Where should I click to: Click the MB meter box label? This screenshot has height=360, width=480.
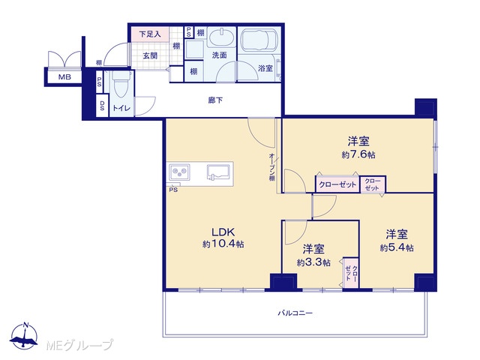click(64, 76)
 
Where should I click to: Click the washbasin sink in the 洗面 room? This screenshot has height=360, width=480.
click(222, 37)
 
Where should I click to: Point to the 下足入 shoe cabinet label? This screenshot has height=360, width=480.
click(150, 34)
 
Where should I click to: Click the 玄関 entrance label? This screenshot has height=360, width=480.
click(150, 56)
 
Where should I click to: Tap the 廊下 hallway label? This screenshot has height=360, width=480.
click(215, 100)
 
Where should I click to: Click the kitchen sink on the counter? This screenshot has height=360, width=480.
click(218, 172)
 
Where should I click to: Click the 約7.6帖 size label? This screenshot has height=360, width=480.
click(358, 154)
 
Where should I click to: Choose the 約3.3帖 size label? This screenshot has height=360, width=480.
click(313, 262)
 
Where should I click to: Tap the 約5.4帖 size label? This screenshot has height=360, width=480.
click(397, 247)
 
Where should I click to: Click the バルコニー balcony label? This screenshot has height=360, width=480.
click(295, 313)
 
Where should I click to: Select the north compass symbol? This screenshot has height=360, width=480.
click(24, 336)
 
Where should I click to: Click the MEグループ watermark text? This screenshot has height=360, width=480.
click(79, 345)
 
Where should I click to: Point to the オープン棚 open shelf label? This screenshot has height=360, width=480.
click(271, 167)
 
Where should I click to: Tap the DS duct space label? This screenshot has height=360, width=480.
click(102, 106)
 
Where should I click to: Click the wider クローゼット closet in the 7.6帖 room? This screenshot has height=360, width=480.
click(337, 184)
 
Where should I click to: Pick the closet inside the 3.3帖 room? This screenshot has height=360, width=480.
click(351, 273)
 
